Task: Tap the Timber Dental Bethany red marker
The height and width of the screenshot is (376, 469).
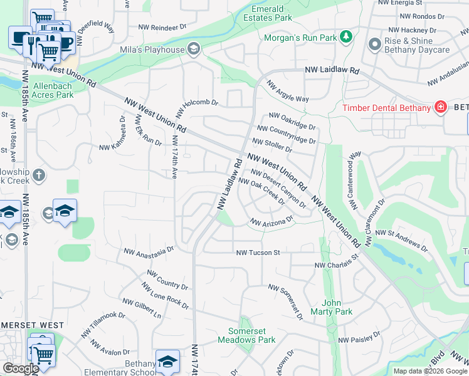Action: pos(440,107)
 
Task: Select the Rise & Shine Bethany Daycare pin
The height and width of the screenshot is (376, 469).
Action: pos(375,44)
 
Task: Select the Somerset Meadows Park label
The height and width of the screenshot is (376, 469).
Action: pos(246,335)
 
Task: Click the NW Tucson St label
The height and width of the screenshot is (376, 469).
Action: pos(257,253)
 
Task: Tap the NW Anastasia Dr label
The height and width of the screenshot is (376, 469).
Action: pos(149,251)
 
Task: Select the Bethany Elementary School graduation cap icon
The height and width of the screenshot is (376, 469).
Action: pos(167,361)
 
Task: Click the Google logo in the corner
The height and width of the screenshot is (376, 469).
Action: pos(20,368)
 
